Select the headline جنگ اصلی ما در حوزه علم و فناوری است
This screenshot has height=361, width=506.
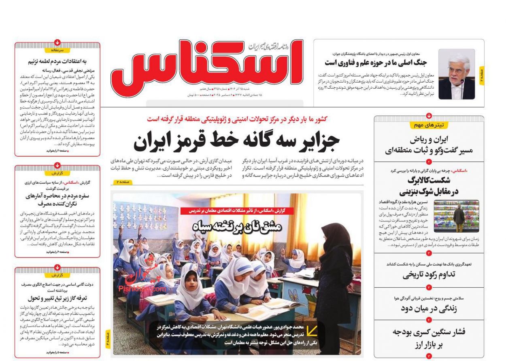tap(375, 63)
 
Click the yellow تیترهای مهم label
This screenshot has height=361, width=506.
tap(429, 125)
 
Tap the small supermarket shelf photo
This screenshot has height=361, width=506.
tap(456, 216)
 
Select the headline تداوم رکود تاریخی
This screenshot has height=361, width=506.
tap(429, 275)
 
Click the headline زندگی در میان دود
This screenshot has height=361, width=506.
tap(429, 308)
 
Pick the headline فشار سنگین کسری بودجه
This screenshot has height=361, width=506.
tap(429, 333)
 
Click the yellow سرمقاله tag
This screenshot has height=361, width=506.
tap(57, 50)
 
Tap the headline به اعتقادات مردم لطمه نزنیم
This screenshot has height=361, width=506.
tap(57, 62)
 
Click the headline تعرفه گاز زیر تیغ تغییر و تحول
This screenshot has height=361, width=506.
tap(57, 299)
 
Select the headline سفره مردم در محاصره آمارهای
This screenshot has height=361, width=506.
tap(57, 196)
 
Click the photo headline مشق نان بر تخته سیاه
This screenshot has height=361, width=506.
tap(236, 227)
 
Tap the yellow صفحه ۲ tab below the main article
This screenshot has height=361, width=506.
tap(121, 182)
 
